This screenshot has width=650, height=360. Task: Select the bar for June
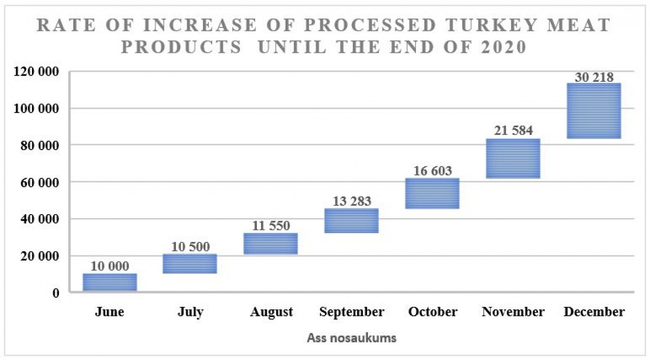110,282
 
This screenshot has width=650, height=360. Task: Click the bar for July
190,264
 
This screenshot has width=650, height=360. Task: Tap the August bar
271,243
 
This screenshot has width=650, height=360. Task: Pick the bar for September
351,221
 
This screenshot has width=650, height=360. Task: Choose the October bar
432,193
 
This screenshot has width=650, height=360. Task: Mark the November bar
513,158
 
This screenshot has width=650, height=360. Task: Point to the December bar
594,111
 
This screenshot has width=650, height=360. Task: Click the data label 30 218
594,77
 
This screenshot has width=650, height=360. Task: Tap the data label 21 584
513,131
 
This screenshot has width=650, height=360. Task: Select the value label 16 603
432,171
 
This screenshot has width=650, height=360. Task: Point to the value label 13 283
352,201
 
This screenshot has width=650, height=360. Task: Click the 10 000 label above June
110,266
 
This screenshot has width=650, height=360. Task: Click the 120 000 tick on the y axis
36,72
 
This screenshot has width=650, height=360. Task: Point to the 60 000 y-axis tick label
40,183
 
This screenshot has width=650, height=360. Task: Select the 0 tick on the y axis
56,293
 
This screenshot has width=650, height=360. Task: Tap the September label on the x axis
352,312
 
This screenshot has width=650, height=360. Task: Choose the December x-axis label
594,312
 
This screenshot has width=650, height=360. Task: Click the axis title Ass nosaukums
351,338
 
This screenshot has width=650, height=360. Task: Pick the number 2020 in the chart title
503,47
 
